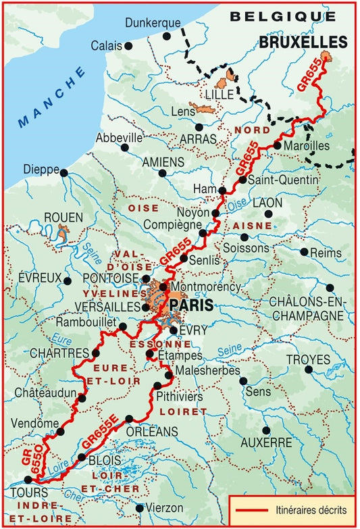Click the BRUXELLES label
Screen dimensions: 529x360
tap(303, 42)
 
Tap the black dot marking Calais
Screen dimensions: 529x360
tap(128, 46)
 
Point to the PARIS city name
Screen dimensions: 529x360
tap(191, 305)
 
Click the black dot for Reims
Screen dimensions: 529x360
tap(305, 252)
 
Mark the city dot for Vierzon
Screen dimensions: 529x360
tap(140, 507)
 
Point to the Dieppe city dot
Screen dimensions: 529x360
tap(64, 173)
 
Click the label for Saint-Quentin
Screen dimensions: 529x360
tap(283, 180)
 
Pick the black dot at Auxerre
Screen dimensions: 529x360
tap(266, 430)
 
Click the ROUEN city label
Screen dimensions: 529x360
tap(63, 218)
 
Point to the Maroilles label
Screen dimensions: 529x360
tap(307, 145)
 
